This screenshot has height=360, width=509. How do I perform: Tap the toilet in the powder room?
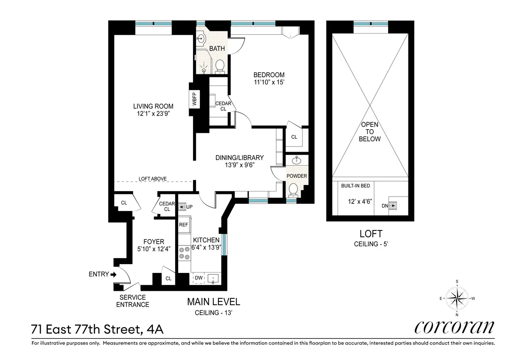point(292,190)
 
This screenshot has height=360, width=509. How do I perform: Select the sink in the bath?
point(200,38)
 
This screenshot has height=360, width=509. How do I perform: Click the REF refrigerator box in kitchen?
point(184,225)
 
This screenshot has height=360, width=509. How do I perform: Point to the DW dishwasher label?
point(198,278)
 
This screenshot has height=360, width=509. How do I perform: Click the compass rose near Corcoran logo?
point(457,298)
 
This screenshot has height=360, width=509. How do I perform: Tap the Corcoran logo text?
point(454,327)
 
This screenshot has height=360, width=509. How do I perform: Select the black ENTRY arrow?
point(113,275)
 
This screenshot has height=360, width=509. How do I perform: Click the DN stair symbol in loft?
point(393,206)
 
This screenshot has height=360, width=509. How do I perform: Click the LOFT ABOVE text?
point(153,179)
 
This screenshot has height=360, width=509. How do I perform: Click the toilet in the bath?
point(219,66)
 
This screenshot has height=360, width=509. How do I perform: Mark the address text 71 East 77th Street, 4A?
point(97,329)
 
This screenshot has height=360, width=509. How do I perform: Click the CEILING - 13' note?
point(213,313)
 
